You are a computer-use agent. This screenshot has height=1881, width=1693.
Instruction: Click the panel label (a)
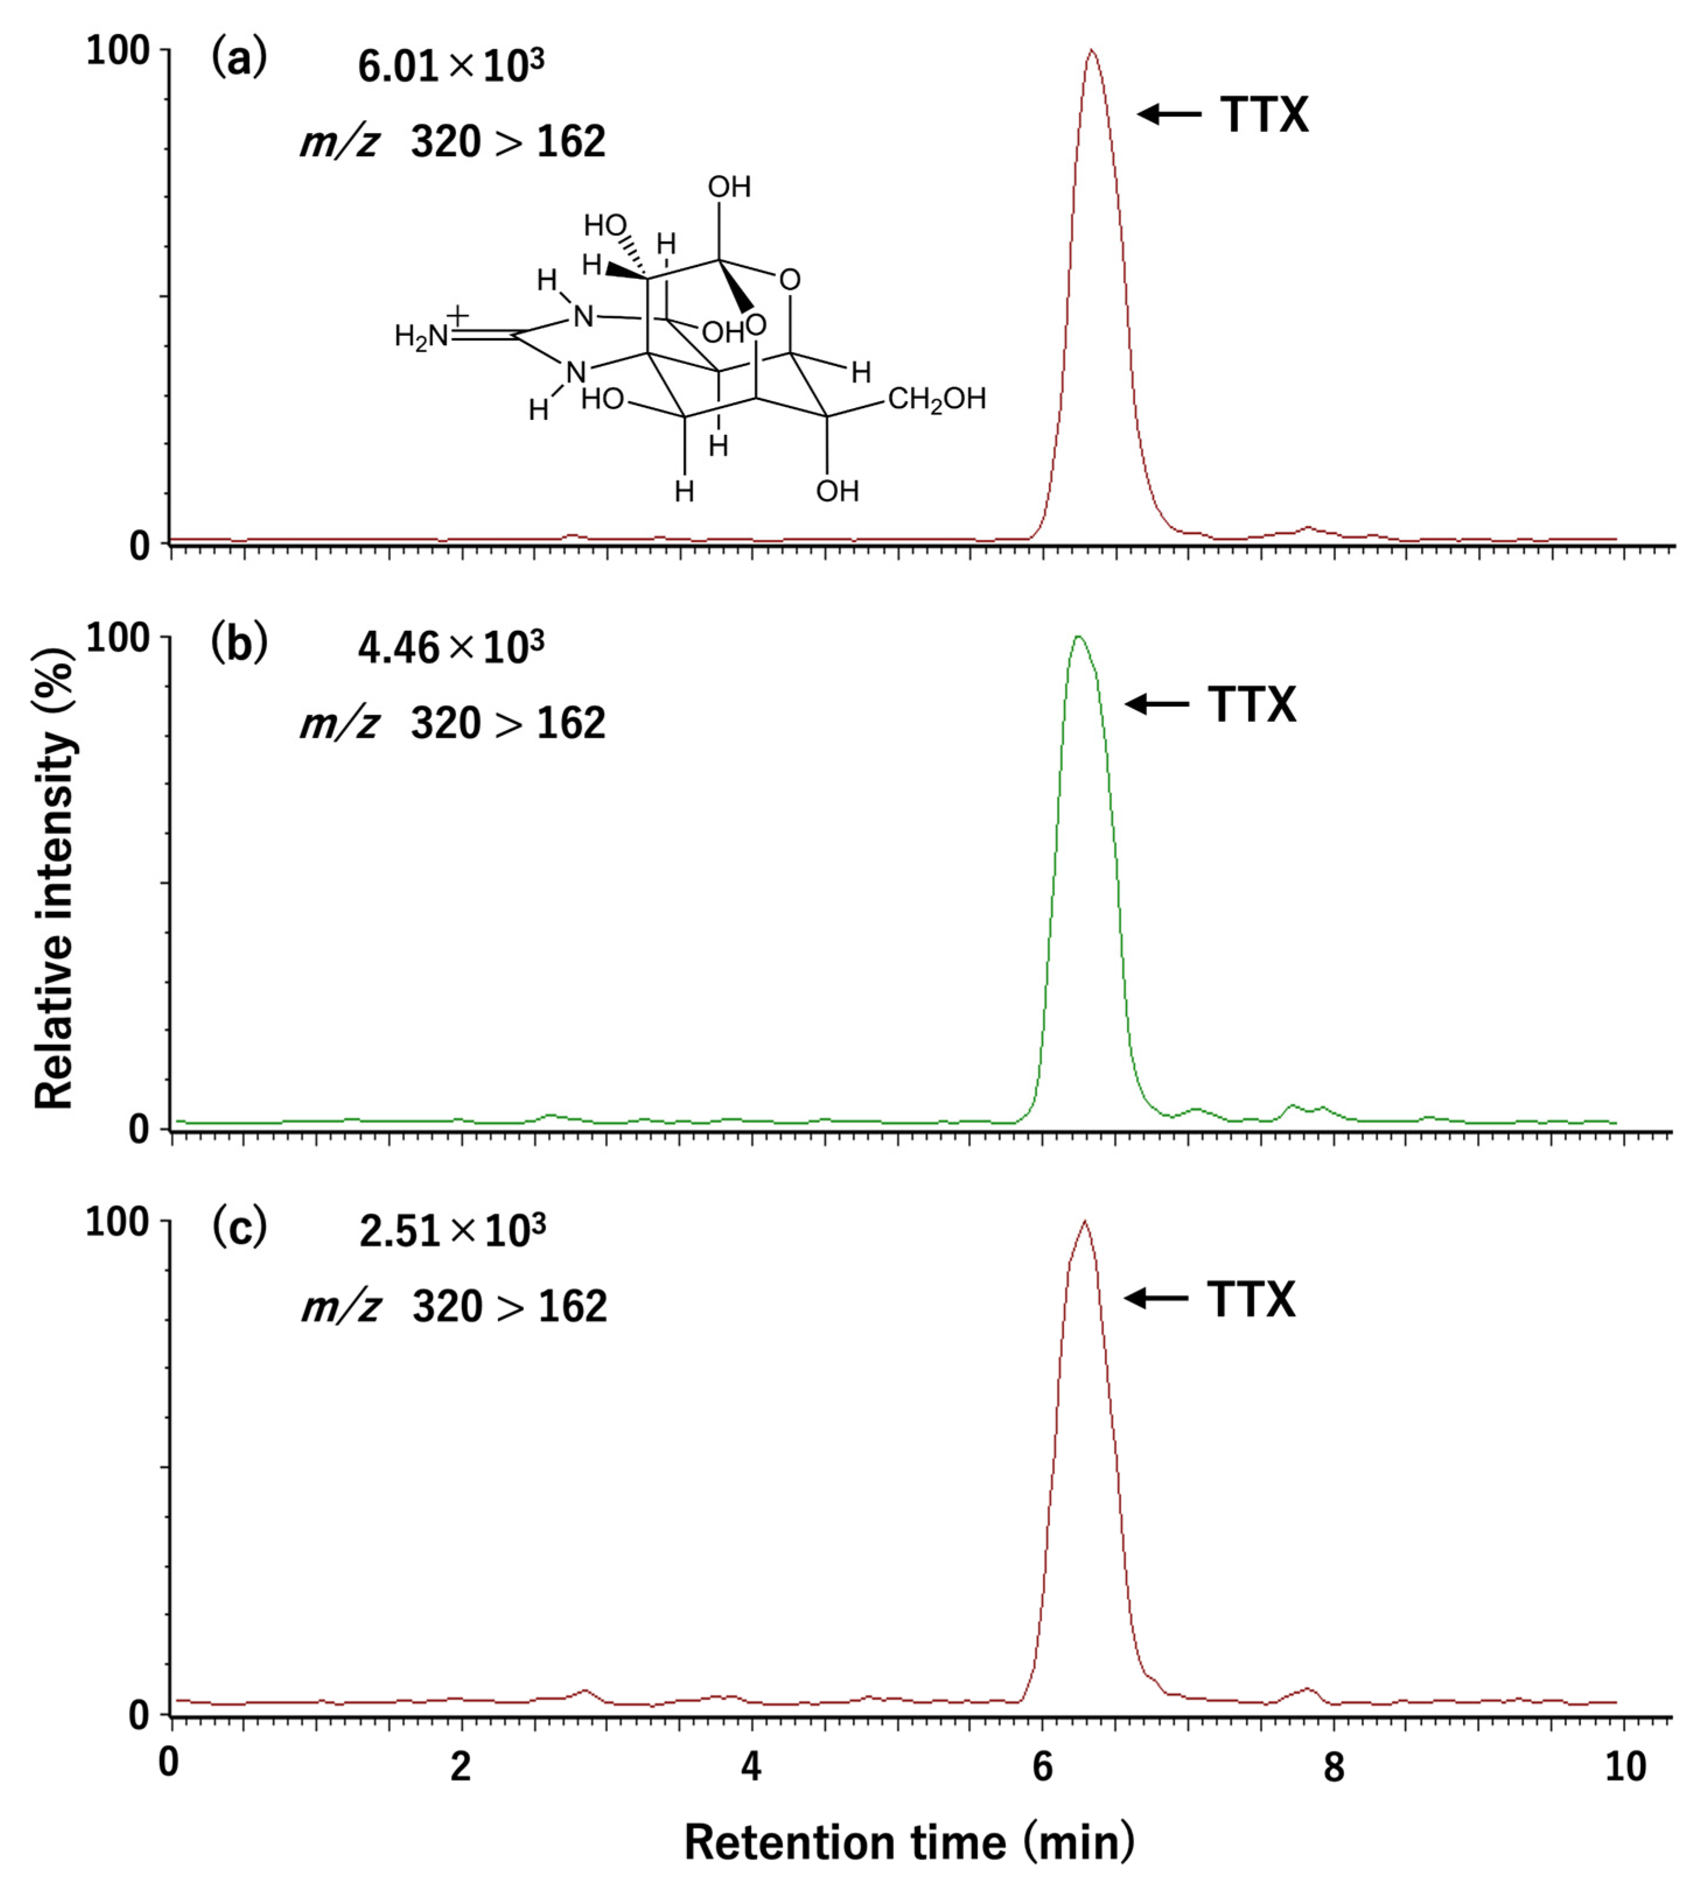click(239, 59)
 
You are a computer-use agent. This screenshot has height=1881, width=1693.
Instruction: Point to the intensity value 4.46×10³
click(451, 648)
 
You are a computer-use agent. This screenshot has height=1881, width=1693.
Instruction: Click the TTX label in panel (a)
click(1263, 115)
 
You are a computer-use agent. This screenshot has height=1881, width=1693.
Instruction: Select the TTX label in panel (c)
click(1251, 1299)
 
